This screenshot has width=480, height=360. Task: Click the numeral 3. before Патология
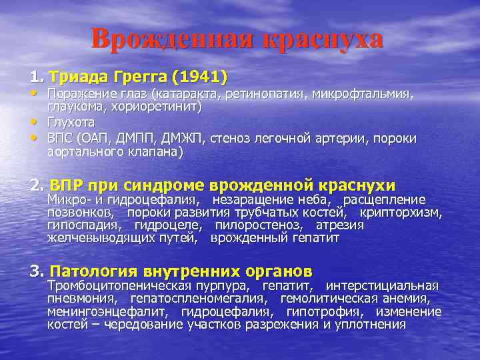pos(36,271)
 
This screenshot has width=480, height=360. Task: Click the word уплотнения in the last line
pos(373,325)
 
